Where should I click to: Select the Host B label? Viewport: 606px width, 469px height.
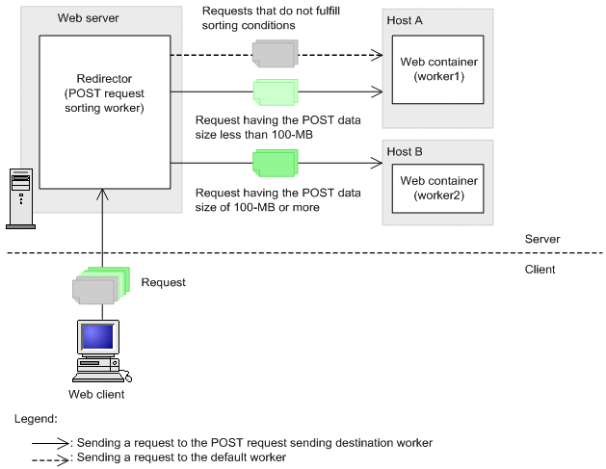(x=405, y=152)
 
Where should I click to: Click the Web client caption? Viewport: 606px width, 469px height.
(x=96, y=394)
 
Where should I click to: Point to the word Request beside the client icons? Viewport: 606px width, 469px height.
(x=162, y=283)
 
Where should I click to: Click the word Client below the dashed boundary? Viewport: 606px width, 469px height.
(x=540, y=269)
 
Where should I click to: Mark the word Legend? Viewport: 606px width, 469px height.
(x=36, y=419)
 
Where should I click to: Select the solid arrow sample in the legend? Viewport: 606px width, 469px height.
(x=47, y=443)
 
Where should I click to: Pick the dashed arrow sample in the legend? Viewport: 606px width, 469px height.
(x=47, y=457)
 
